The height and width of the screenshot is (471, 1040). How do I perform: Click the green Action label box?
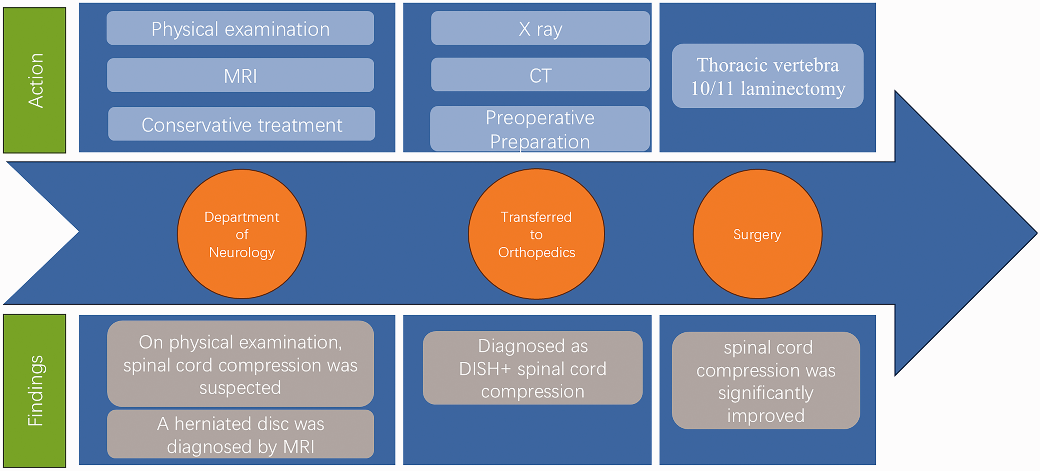click(x=35, y=80)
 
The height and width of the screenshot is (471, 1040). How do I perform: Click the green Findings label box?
click(x=35, y=391)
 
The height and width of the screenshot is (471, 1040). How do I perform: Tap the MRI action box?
click(x=241, y=75)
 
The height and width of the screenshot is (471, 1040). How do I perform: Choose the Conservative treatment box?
click(x=241, y=124)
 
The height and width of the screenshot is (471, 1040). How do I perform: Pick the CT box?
click(x=540, y=75)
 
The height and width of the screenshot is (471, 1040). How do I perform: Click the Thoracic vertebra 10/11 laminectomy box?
click(x=768, y=76)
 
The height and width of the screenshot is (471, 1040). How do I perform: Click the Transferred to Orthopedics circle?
click(x=536, y=234)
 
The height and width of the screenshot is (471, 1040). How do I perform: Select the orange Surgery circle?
click(x=757, y=234)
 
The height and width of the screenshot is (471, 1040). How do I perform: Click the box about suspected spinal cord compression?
click(x=241, y=364)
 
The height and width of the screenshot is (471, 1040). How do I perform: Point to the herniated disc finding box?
click(x=241, y=434)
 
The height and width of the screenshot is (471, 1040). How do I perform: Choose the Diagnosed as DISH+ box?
click(x=532, y=368)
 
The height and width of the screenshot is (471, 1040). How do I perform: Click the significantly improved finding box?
click(x=766, y=381)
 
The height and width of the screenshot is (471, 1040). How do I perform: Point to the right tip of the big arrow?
click(x=1037, y=233)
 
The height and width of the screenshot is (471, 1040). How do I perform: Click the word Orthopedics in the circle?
click(x=537, y=253)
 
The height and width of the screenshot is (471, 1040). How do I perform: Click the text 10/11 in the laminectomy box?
click(x=712, y=89)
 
